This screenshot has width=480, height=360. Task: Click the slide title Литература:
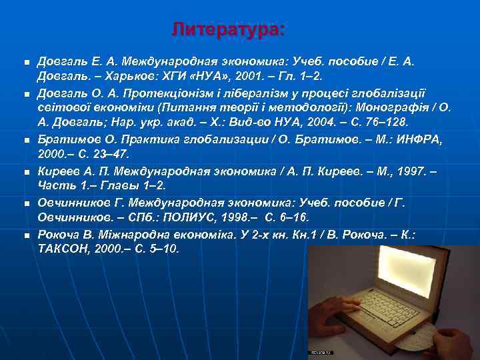pyautogui.click(x=227, y=29)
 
